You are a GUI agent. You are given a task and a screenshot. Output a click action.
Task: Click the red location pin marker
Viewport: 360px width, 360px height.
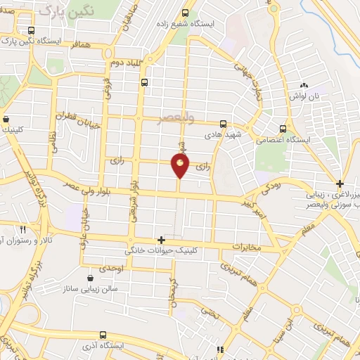pos(181,166)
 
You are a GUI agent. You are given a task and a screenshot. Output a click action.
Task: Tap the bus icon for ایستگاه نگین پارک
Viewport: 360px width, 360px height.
pos(31,30)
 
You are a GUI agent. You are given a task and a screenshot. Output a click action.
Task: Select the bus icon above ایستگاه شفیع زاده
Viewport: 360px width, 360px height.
pos(186,13)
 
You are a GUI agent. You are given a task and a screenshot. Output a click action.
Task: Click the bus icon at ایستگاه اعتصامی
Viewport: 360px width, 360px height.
pos(283,129)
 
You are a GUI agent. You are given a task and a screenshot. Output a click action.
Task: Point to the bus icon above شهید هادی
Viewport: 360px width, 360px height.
pos(223,124)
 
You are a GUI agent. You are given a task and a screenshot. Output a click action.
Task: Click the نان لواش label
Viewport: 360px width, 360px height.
pos(307,96)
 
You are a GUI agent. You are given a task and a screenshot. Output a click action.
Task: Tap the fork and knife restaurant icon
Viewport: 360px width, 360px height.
pos(22,229)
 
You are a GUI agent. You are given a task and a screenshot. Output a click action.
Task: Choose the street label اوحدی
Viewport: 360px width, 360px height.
pos(111,269)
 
